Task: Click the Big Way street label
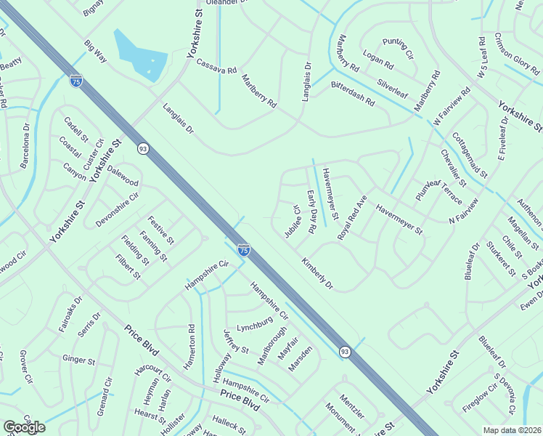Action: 94,52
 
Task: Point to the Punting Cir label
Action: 398,49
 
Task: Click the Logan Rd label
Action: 377,62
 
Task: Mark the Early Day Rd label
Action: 311,211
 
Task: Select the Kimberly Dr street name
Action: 317,272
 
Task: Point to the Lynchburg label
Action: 254,319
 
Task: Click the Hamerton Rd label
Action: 191,347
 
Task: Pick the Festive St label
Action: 160,229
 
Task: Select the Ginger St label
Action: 79,359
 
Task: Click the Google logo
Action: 24,427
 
